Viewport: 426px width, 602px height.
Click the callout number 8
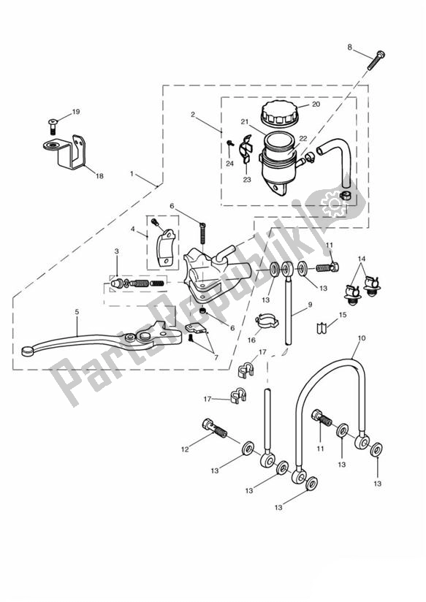(x=349, y=47)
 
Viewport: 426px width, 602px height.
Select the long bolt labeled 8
(x=376, y=61)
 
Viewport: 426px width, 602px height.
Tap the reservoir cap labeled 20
(x=279, y=113)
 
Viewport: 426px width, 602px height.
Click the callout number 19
(x=76, y=112)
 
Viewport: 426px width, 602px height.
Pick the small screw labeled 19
(x=52, y=126)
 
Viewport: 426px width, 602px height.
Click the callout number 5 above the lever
(x=77, y=312)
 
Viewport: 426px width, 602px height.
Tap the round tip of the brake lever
(x=27, y=351)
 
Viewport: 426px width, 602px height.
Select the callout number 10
(x=362, y=338)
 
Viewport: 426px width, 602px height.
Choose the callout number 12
(x=185, y=449)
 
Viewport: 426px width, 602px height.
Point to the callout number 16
(x=251, y=340)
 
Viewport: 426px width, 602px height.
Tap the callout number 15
(x=343, y=315)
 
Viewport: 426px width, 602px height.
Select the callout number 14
(x=362, y=259)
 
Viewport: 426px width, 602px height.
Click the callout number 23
(x=247, y=179)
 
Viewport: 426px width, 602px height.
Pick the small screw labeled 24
(x=230, y=143)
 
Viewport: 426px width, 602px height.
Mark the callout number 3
(x=116, y=251)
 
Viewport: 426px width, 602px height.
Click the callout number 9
(x=310, y=305)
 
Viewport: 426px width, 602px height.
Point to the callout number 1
(x=132, y=174)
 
